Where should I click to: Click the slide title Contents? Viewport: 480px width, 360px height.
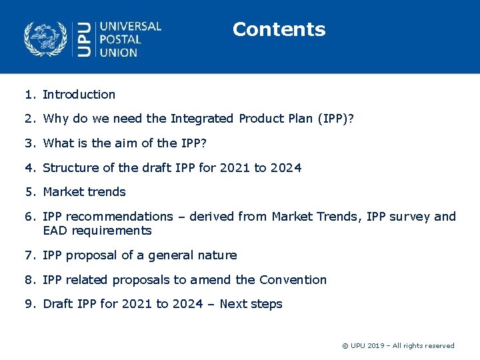279,29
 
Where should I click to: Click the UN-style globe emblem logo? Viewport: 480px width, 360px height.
46,39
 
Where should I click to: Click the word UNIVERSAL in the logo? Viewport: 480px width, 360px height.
130,27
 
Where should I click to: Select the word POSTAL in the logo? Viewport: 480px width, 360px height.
121,39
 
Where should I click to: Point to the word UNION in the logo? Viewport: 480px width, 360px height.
118,52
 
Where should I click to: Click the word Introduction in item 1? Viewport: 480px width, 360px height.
79,95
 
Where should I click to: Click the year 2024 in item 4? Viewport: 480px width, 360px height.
286,167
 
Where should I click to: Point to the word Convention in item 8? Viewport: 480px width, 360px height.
293,280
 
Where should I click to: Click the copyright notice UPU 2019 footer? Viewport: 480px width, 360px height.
397,345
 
